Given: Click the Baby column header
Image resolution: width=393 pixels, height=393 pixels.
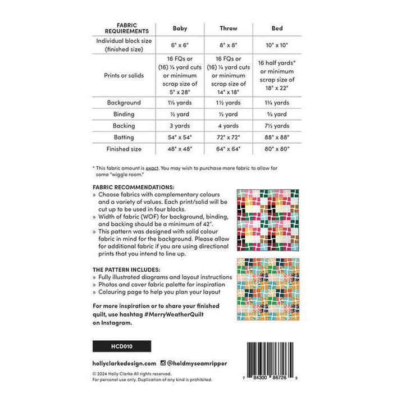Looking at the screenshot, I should tap(180, 28).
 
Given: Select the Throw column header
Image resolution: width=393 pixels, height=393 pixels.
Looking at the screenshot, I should tap(229, 28).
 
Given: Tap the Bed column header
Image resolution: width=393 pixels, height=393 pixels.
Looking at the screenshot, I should tap(277, 28).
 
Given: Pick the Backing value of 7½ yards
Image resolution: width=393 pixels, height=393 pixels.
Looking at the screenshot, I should tap(277, 126).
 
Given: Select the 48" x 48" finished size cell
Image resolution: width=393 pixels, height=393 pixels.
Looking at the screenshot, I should tap(180, 149).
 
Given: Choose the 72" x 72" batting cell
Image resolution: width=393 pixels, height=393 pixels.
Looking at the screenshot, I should tap(229, 138).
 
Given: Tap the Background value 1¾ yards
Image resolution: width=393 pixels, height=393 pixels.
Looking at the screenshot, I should tap(277, 103).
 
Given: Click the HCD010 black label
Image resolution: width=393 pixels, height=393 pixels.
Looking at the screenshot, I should tap(113, 345).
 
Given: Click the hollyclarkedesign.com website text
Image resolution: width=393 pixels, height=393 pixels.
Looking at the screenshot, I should tap(124, 363).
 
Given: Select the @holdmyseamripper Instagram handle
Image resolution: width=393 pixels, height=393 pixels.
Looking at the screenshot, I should tap(190, 363).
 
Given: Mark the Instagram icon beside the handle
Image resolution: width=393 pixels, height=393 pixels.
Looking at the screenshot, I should tap(162, 363).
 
